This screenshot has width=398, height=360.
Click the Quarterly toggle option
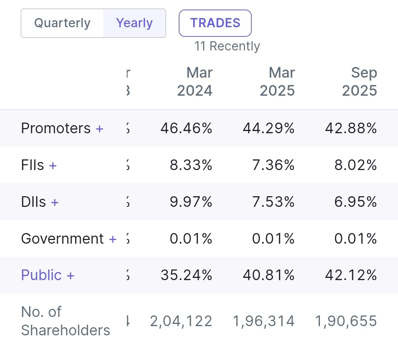62,23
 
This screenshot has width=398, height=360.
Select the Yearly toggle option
134,23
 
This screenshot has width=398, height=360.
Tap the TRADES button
215,23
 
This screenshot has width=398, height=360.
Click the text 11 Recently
227,46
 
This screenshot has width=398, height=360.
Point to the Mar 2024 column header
195,81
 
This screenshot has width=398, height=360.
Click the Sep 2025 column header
359,81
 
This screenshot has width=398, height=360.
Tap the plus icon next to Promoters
99,128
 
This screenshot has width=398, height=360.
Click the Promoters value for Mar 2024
186,128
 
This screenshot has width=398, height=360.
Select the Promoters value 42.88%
351,128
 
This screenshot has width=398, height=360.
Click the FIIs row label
32,165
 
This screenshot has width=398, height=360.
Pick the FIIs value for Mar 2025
273,165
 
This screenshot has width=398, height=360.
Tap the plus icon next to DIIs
55,202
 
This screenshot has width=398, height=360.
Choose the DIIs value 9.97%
191,202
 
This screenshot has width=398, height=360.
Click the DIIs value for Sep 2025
356,202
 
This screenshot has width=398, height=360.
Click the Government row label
62,239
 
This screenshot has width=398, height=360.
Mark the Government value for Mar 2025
273,239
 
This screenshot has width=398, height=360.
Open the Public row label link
41,275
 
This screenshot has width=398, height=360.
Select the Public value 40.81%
269,275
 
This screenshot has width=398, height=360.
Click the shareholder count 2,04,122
181,321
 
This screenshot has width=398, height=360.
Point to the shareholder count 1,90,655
346,321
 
